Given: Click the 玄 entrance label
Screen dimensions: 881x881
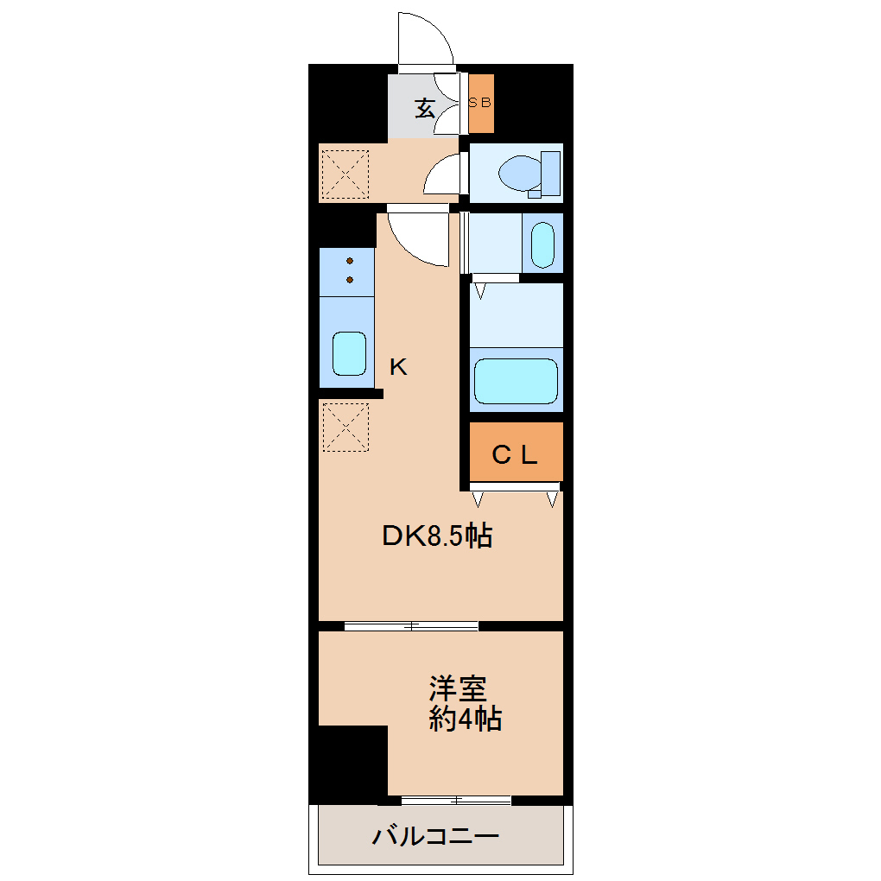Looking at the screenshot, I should pos(424,109).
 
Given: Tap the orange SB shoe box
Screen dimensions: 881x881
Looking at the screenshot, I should pos(481,103).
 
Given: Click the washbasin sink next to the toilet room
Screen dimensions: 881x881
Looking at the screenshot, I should pos(542,244).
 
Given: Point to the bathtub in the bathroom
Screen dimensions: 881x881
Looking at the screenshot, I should pos(516,380).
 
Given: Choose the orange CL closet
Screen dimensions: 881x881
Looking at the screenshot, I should pos(516,453).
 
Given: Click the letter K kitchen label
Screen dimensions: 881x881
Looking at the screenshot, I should pos(397,367).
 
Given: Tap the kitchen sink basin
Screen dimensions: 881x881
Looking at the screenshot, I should pos(349,353).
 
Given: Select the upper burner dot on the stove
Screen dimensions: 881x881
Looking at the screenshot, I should pos(350,261).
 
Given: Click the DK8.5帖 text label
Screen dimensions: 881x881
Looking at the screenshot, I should pos(437,536).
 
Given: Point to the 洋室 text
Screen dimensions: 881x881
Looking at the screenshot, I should pos(458,688).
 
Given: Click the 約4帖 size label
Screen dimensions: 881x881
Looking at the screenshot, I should pos(465,719).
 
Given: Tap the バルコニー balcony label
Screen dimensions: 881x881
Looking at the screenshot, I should pos(436,836).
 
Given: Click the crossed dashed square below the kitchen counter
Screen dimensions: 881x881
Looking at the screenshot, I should pos(345,427).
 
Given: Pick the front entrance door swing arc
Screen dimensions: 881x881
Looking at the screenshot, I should pos(427,39).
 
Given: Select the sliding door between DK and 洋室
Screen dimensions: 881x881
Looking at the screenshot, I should pos(411,626).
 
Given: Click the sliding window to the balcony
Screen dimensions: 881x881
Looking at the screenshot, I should pos(456,800).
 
